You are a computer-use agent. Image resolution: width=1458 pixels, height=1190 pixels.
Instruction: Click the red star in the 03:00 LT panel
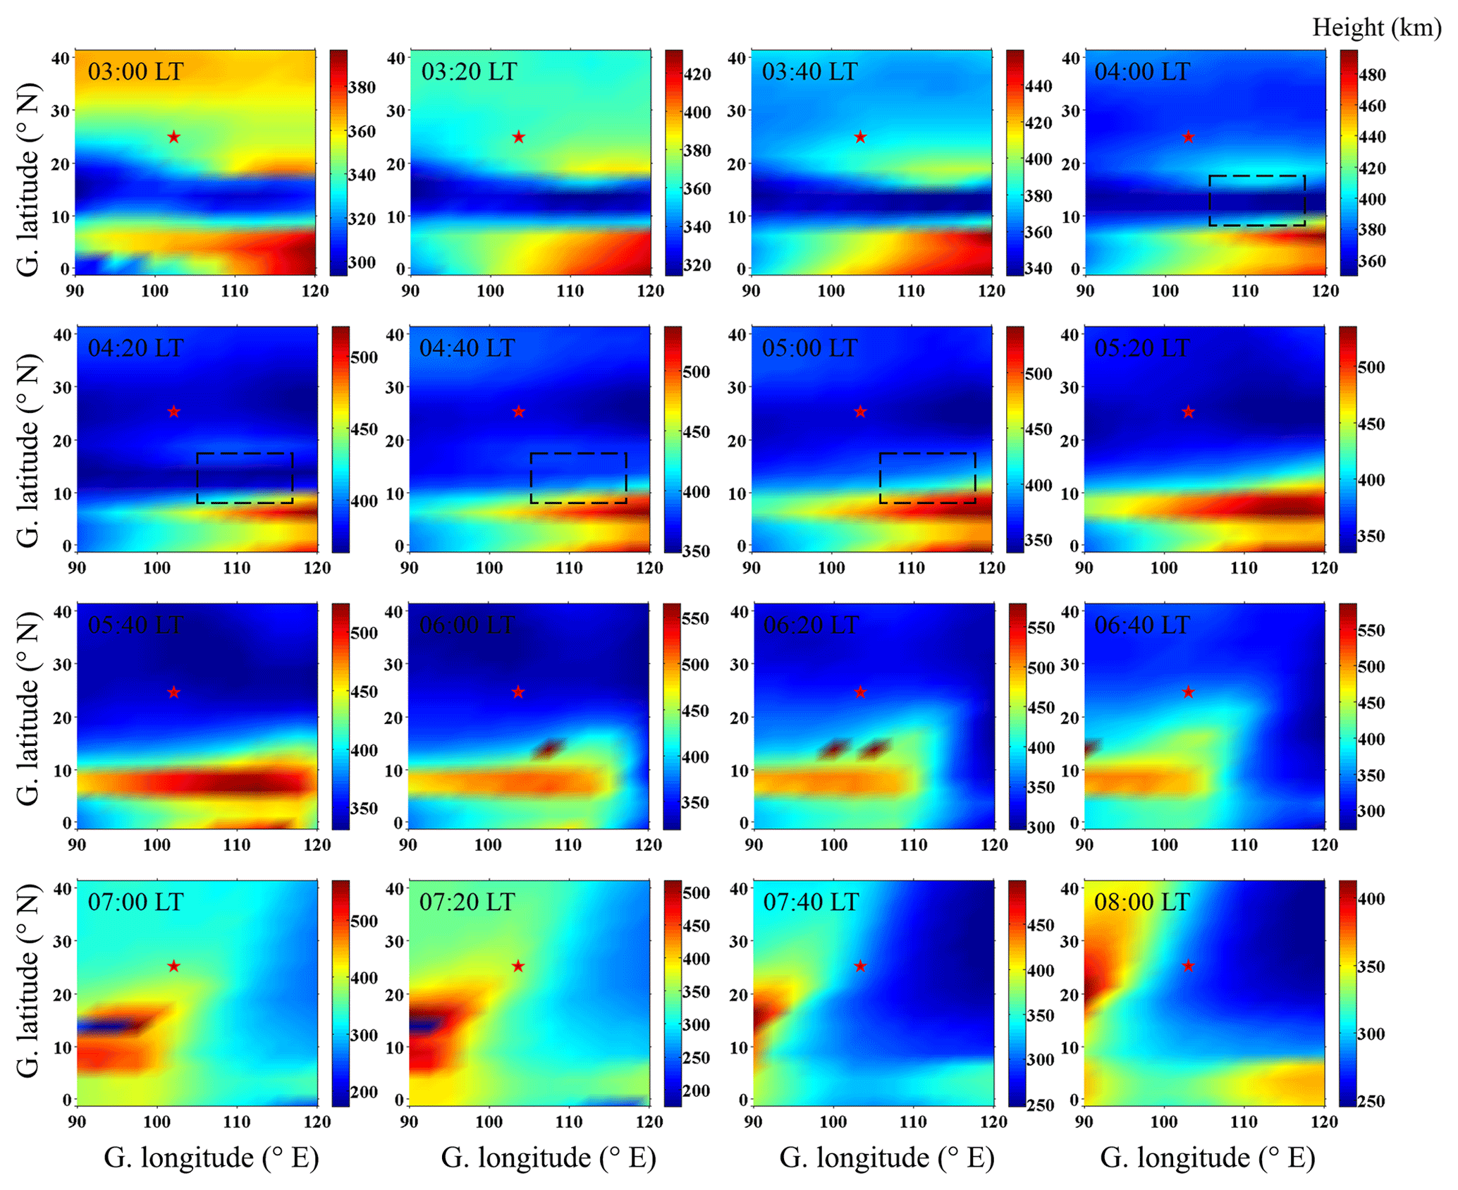(174, 137)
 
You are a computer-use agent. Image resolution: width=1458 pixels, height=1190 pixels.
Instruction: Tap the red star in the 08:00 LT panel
(1188, 966)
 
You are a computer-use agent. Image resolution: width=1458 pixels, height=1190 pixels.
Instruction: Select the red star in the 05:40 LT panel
(174, 692)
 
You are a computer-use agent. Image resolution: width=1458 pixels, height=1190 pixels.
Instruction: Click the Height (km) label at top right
(1376, 27)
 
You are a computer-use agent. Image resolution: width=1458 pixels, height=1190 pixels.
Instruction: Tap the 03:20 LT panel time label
(469, 72)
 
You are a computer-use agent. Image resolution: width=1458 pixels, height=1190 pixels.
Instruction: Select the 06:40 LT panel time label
(1141, 625)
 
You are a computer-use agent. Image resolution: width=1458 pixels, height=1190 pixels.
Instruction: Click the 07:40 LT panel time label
(811, 902)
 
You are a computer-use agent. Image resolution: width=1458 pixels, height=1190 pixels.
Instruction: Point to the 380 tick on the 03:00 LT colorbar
(362, 87)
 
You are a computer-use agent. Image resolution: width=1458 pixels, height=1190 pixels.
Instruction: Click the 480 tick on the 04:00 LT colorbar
(1371, 75)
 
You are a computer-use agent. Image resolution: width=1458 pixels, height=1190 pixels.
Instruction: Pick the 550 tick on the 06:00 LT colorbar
(695, 618)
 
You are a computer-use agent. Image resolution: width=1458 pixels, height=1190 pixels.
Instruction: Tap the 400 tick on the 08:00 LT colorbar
(1371, 899)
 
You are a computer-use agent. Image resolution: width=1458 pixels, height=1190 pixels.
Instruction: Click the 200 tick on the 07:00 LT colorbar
(364, 1092)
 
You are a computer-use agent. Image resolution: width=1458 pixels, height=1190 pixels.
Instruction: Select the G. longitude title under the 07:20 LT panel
(549, 1157)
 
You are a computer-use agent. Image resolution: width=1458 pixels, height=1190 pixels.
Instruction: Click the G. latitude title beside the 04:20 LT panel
(28, 451)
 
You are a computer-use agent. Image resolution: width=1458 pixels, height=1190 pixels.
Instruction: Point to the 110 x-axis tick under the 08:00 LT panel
(1244, 1122)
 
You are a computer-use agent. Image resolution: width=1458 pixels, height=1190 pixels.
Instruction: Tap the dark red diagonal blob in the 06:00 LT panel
(549, 748)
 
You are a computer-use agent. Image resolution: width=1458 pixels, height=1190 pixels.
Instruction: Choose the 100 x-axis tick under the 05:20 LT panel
(1164, 568)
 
